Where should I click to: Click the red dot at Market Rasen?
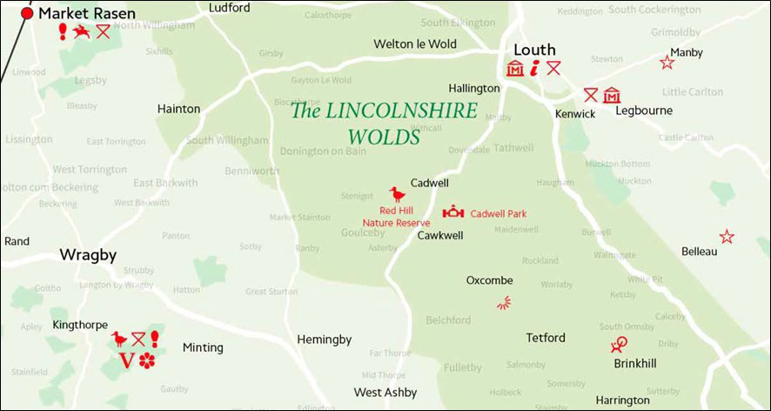coord(27,13)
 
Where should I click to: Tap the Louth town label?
coord(534,50)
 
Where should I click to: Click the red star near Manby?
coord(667,63)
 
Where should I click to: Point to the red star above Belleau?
coord(727,237)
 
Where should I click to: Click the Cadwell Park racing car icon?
coord(453,212)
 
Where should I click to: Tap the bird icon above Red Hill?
coord(397,194)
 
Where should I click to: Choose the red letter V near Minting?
coord(125,360)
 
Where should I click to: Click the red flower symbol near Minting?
coord(146,360)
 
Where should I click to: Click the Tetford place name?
coord(546,337)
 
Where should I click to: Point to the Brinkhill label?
coord(634,365)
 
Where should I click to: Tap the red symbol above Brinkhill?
coord(620,345)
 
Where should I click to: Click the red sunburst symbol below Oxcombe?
coord(504,303)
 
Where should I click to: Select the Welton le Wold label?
coord(415,44)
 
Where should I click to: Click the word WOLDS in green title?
coord(384,137)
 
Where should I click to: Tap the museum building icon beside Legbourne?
coord(611,95)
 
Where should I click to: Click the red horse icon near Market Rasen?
coord(82,32)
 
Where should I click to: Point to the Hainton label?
coord(178,109)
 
